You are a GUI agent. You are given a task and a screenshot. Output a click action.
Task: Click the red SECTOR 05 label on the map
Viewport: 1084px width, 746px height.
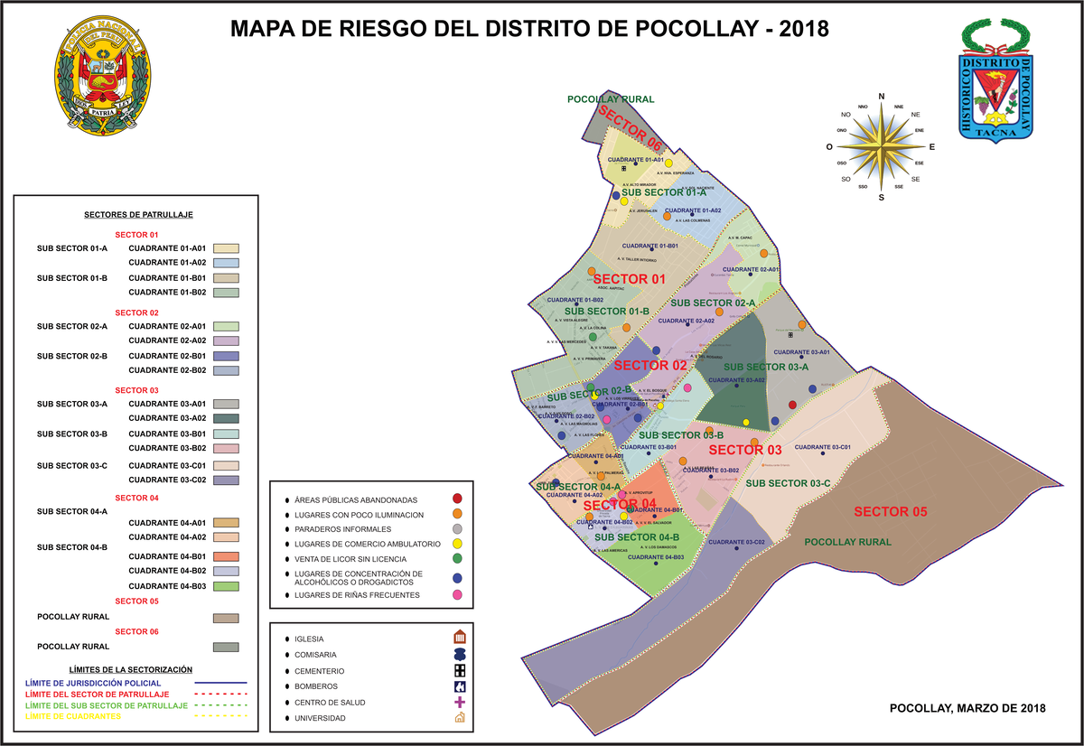[890, 512]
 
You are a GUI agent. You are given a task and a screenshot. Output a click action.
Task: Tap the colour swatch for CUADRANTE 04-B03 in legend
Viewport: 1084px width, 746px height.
[226, 586]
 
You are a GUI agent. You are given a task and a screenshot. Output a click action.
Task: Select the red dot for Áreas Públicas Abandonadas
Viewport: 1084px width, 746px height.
[458, 499]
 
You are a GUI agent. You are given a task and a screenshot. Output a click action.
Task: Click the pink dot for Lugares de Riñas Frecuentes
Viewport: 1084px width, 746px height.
[458, 595]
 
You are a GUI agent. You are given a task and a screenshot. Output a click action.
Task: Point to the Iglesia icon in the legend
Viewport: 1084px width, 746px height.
[459, 637]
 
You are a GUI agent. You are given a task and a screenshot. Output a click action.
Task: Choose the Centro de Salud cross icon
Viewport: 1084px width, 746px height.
[459, 702]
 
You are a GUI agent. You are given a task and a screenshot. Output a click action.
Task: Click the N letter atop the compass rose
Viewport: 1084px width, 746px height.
[882, 98]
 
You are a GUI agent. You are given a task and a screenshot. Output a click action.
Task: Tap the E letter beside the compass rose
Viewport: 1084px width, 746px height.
[932, 146]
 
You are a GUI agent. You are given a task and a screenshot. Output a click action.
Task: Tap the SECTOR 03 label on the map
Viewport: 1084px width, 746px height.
[745, 450]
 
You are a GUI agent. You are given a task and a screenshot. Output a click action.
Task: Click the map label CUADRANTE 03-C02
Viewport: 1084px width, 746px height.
[736, 542]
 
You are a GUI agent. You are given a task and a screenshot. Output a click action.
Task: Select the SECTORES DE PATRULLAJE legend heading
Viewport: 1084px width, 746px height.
[138, 215]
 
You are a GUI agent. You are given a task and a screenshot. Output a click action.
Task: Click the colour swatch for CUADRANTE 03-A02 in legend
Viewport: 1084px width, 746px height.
[226, 419]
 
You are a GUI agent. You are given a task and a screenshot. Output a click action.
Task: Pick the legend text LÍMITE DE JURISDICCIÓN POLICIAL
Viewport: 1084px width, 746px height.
[94, 683]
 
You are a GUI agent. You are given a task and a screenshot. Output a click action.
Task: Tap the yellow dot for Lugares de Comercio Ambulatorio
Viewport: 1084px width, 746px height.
[458, 544]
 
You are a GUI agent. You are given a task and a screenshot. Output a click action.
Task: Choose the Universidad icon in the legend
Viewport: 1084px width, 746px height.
[459, 718]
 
